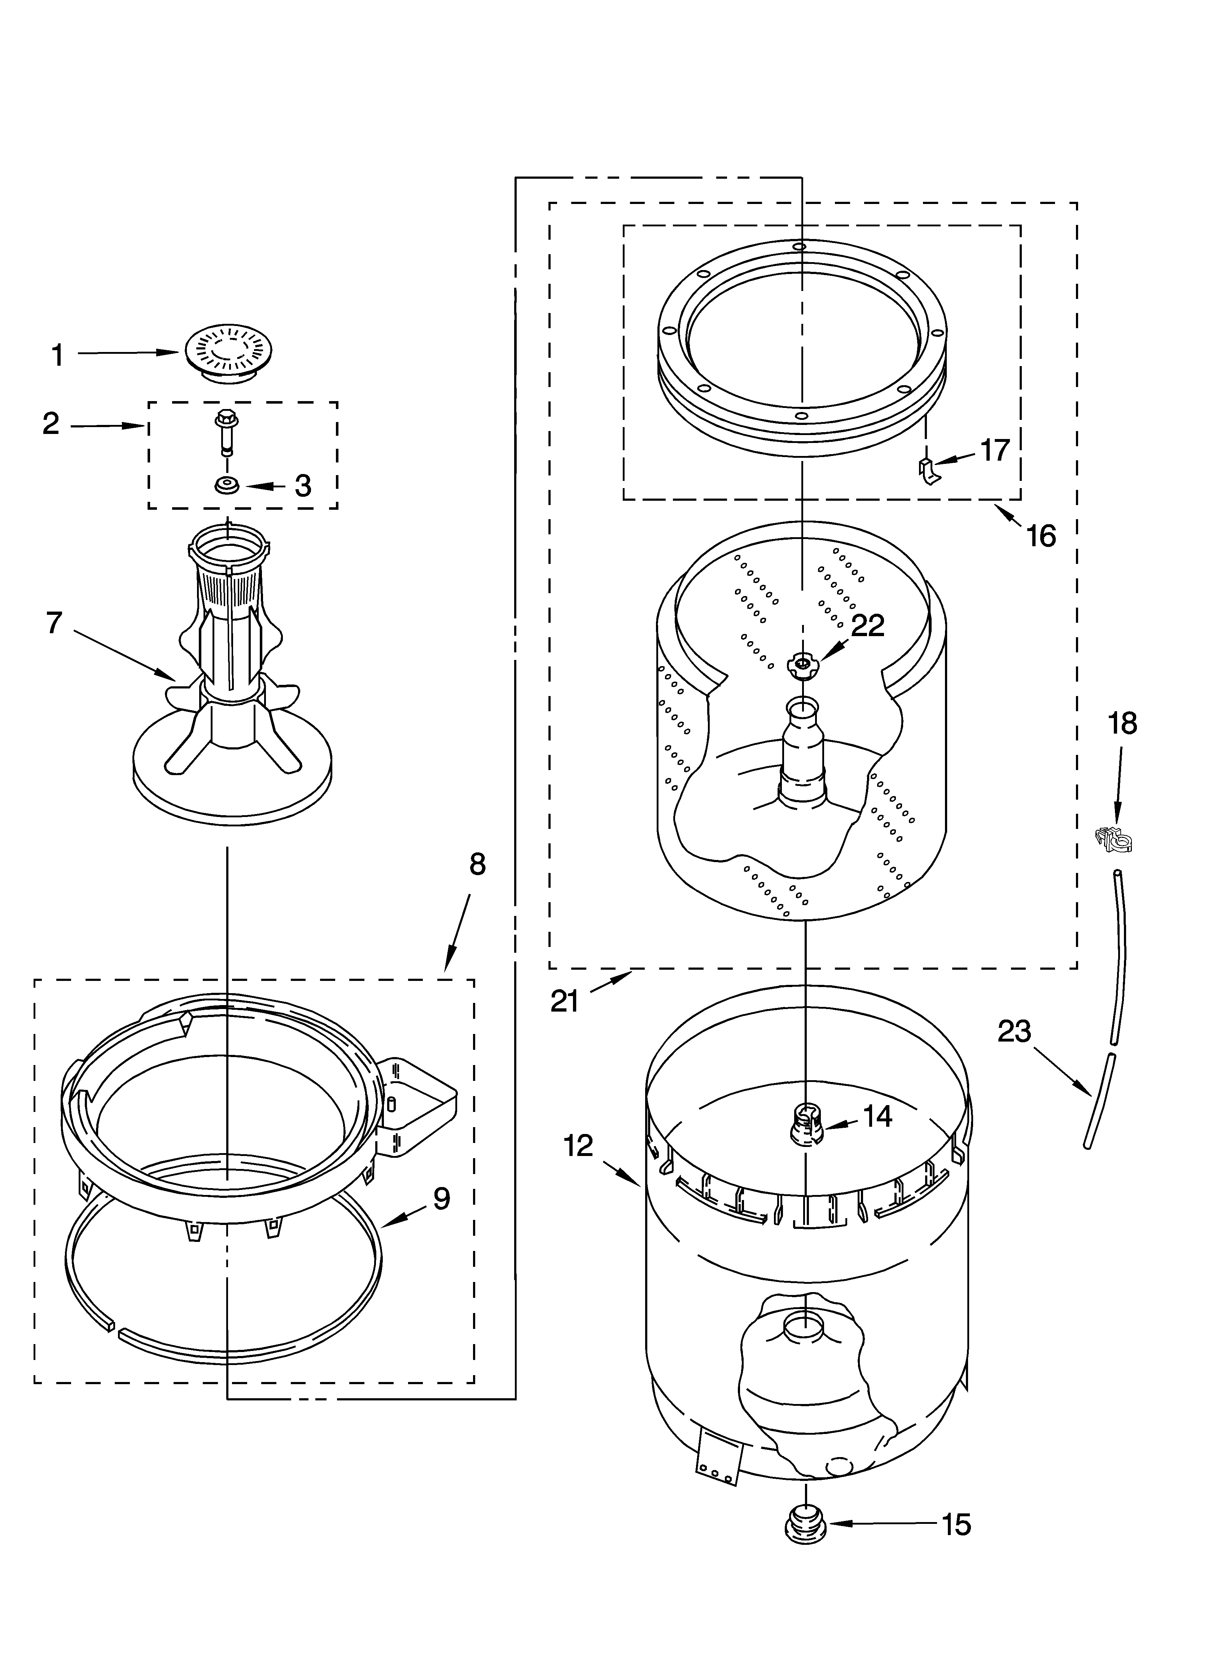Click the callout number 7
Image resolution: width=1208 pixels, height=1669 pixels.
[x=54, y=622]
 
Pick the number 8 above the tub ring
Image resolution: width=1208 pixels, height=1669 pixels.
[x=477, y=864]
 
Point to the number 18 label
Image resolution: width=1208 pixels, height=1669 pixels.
[x=1122, y=723]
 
